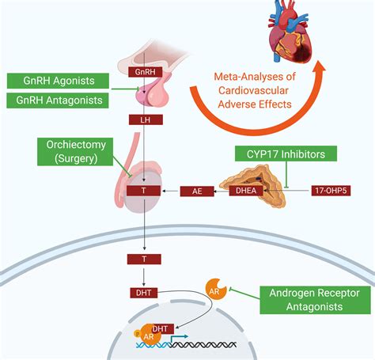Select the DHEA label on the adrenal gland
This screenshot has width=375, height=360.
pos(246,191)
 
